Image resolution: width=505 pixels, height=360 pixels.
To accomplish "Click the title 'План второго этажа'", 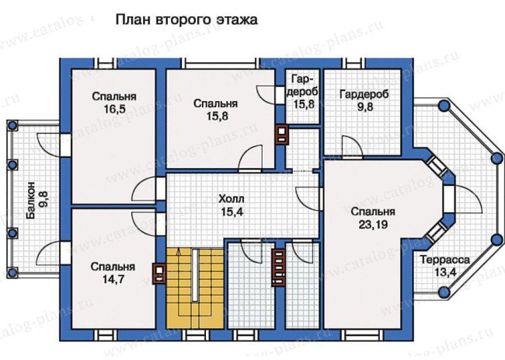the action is (x=186, y=20).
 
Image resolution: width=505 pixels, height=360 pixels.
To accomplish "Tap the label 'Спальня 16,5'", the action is (x=114, y=103).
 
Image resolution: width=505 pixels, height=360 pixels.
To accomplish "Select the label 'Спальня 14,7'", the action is (x=113, y=273).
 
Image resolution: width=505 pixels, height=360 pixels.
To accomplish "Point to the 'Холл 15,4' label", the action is (x=232, y=205).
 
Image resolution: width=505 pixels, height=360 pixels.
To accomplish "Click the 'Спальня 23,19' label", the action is (x=373, y=218).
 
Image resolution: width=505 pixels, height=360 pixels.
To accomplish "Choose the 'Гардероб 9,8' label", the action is (x=364, y=100).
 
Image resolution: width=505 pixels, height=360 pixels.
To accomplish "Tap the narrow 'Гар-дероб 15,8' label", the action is (x=302, y=92).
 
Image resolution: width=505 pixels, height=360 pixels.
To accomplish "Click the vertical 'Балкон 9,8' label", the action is (x=37, y=201).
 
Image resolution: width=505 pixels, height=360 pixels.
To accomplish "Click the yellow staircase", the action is (x=195, y=288).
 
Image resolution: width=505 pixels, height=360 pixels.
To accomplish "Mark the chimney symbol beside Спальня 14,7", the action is (x=159, y=274).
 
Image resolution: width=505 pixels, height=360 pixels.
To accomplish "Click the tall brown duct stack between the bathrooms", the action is (x=278, y=267).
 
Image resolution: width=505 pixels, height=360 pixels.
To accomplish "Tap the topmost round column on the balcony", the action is (x=12, y=125).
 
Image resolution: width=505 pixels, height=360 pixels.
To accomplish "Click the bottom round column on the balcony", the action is (x=12, y=273).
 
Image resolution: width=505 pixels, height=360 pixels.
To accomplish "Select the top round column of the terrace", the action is (x=444, y=105).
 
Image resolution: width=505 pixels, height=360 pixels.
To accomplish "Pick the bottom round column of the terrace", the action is (x=444, y=292).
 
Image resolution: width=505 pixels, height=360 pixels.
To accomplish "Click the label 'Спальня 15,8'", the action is (x=216, y=110).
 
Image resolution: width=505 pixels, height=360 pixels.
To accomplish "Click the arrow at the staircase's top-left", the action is (x=179, y=254).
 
